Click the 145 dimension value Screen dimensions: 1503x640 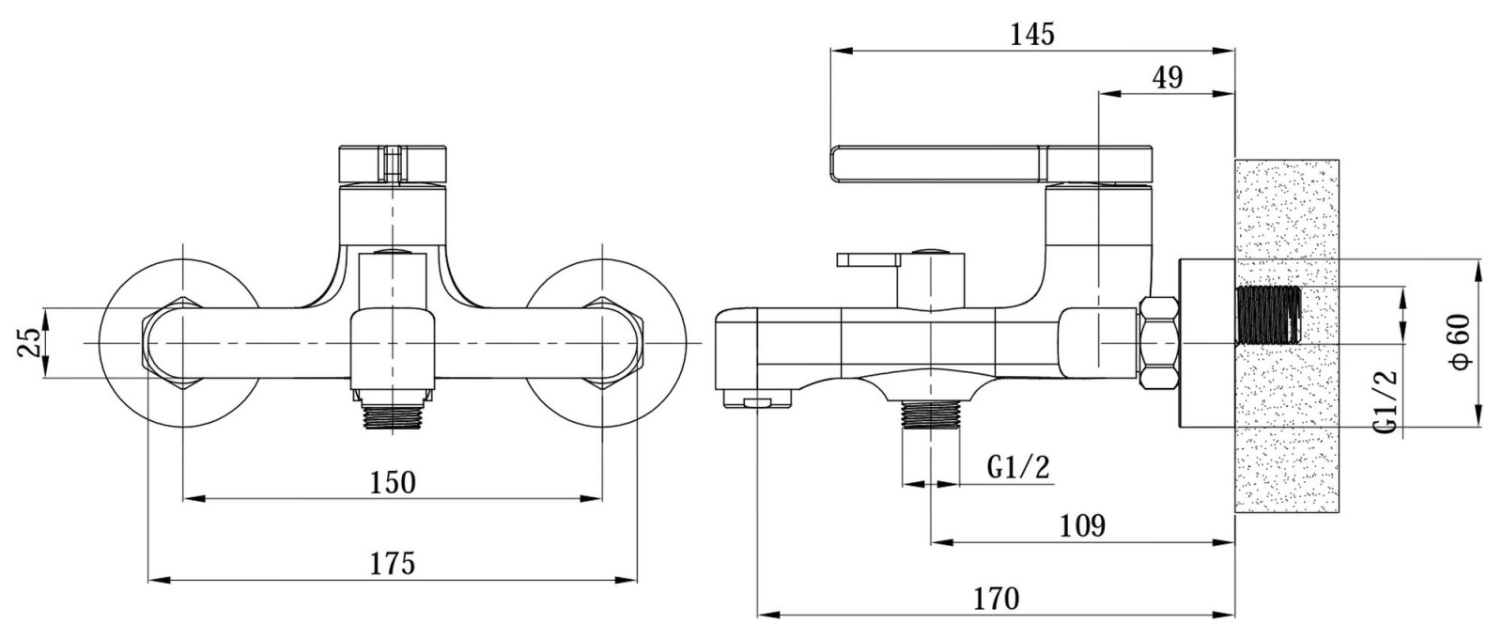pos(1032,34)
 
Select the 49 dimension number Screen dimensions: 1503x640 pos(1168,78)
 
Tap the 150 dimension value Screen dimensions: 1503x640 pos(393,483)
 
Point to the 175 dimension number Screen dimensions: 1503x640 pos(393,564)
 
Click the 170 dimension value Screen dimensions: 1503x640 pos(997,599)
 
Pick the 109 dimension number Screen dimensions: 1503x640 pos(1082,526)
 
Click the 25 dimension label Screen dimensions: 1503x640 pos(29,342)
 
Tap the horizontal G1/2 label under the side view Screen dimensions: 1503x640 pos(1018,467)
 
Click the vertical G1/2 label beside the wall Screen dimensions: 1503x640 pos(1386,401)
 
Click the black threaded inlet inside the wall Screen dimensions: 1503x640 pos(1268,315)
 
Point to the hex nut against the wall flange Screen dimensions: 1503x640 pos(1159,342)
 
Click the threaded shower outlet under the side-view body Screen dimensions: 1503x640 pos(931,414)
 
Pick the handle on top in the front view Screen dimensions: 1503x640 pos(393,164)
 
